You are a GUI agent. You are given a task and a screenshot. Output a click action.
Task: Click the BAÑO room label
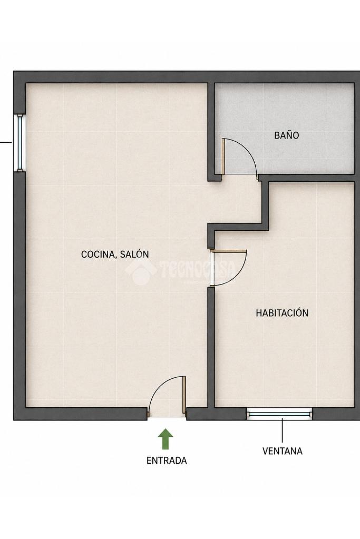(286, 135)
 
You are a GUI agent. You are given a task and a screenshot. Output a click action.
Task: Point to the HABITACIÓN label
(282, 313)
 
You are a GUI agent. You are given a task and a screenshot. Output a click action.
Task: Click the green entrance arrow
(166, 438)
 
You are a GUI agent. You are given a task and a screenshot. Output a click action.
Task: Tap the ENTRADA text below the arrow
(167, 460)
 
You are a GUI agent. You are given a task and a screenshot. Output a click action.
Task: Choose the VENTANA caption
(283, 450)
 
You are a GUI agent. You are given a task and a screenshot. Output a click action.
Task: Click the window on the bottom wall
(279, 414)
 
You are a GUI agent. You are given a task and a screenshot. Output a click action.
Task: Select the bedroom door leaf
(229, 251)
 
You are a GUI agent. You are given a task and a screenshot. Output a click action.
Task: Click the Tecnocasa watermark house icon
(140, 271)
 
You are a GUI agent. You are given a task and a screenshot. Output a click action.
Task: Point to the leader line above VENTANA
(283, 430)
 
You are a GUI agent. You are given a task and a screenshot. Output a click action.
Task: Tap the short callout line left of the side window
(6, 142)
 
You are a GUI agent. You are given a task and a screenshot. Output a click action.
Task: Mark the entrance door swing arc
(162, 385)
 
